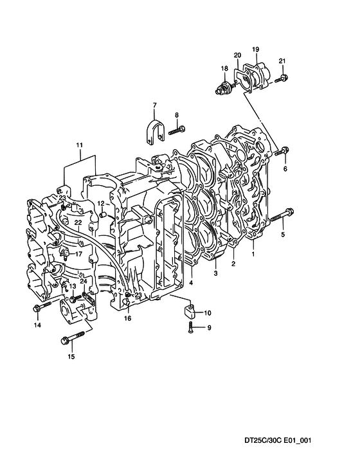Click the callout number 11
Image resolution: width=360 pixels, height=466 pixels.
pyautogui.click(x=79, y=145)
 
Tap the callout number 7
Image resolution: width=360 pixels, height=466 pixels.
pyautogui.click(x=154, y=105)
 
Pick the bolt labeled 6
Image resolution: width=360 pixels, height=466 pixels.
pyautogui.click(x=281, y=151)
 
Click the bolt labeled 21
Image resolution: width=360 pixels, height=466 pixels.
pyautogui.click(x=281, y=79)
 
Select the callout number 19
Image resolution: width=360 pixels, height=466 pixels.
pyautogui.click(x=256, y=49)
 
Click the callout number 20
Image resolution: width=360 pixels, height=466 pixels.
pyautogui.click(x=237, y=55)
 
